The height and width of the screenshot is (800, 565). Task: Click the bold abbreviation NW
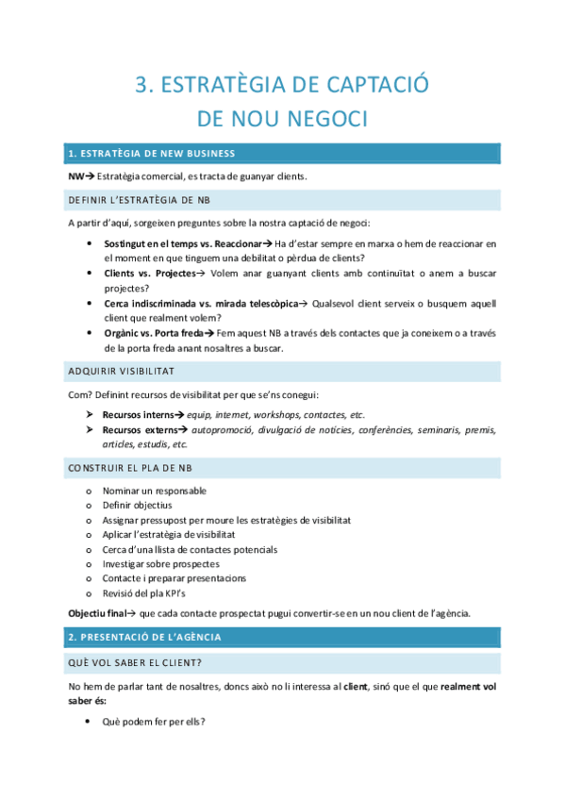(x=75, y=176)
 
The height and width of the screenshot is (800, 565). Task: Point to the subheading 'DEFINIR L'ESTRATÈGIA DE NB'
(x=139, y=200)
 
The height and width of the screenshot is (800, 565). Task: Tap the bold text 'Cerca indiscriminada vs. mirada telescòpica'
(x=200, y=304)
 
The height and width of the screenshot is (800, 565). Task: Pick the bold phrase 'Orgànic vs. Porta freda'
(x=154, y=333)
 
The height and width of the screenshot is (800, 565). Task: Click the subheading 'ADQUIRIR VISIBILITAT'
(x=121, y=371)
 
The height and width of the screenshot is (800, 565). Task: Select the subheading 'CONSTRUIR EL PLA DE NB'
(x=129, y=468)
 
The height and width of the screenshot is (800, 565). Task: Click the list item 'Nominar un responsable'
(x=154, y=491)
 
